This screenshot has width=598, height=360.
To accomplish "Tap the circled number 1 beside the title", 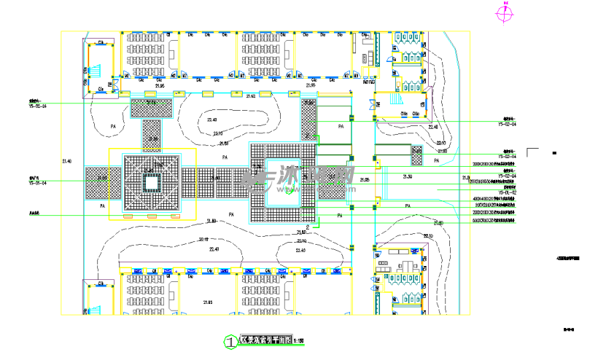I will tap(230, 341).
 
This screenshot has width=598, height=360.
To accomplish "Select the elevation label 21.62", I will tap(250, 95).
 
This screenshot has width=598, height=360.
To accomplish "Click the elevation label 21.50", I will tap(408, 176).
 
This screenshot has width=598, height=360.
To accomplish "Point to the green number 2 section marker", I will tap(308, 227).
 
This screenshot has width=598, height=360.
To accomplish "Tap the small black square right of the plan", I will tap(554, 153).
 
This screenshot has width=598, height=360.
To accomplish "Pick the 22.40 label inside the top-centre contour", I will tap(212, 120).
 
